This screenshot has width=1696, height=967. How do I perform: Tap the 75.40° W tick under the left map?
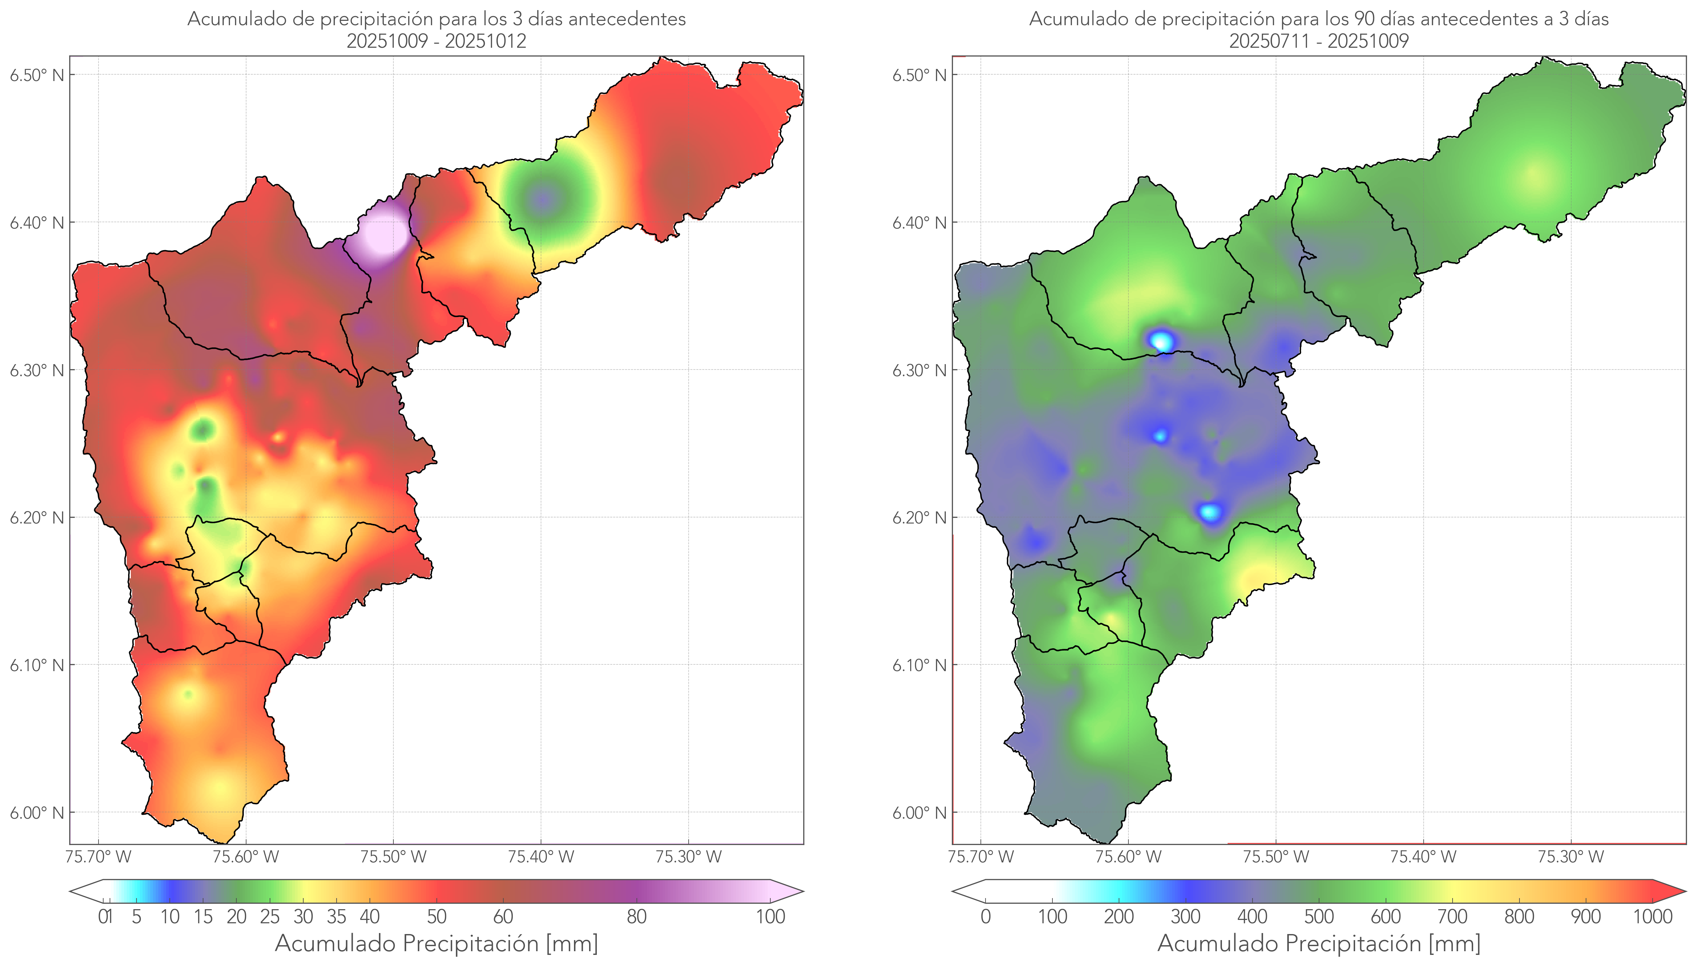pos(541,857)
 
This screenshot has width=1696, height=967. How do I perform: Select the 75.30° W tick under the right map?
pos(1571,857)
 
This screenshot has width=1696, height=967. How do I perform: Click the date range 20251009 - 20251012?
pos(436,41)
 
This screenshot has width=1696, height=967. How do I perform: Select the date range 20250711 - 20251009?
pos(1319,41)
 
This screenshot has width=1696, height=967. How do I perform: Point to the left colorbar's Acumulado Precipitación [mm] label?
pos(436,943)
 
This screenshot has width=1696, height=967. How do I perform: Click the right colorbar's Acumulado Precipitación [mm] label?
pos(1319,943)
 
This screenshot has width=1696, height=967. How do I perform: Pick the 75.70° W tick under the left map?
pos(98,857)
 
